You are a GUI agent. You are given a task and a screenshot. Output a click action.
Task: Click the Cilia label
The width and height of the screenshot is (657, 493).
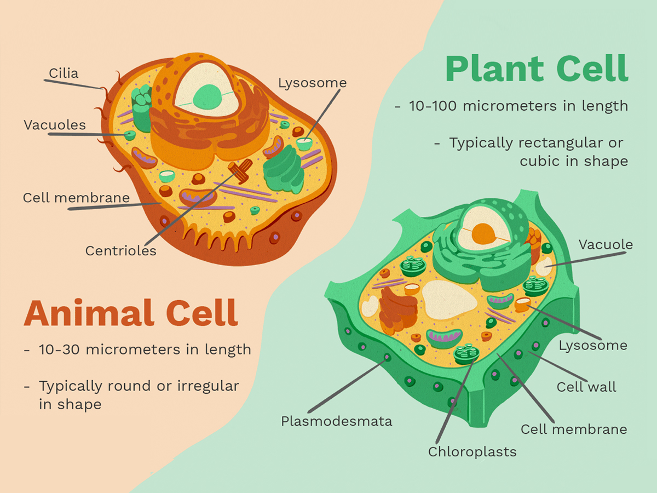pos(64,73)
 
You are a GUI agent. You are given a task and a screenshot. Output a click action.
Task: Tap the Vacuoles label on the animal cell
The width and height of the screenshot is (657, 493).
pos(55,125)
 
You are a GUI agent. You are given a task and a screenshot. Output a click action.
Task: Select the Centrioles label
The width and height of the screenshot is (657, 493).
pos(121,251)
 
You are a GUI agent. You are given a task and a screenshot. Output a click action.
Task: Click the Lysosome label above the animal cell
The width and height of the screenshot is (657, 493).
pos(312,83)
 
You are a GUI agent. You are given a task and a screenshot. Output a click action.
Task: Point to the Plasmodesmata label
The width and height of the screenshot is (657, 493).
pos(336,421)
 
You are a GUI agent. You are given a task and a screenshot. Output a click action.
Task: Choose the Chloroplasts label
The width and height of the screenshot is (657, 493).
pos(472,452)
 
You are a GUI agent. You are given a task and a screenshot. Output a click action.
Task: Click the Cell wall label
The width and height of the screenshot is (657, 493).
pos(586,387)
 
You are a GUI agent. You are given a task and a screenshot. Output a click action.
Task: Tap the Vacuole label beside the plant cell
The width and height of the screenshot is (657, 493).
pos(606,244)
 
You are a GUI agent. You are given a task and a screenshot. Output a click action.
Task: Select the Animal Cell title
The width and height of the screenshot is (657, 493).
pos(131,313)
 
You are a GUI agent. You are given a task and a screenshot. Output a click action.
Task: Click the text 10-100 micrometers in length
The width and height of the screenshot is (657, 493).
pos(518,106)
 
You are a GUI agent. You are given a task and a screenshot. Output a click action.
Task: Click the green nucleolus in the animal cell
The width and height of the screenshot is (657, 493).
pos(209,98)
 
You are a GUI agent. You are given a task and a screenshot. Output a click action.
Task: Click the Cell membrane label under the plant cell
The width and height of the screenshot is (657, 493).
pos(574,429)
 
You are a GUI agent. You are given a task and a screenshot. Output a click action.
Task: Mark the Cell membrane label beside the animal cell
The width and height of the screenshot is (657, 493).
pos(77,198)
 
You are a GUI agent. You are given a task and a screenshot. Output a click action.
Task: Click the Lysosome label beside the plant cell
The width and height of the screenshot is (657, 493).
pos(593,346)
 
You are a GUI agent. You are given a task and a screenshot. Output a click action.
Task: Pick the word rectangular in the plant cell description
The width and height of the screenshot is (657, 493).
pos(549,143)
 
